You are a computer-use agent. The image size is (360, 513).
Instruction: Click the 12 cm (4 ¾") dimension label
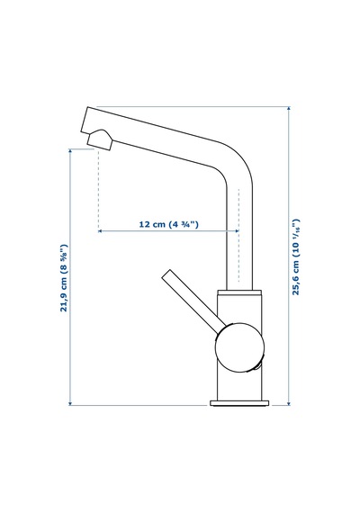point(169,224)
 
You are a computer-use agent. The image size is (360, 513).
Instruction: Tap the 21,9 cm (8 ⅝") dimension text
point(64,278)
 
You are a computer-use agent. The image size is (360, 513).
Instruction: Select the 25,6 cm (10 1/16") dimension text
point(296,257)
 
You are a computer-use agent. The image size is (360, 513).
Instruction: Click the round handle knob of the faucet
point(239,347)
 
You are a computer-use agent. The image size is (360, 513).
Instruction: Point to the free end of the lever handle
point(166,274)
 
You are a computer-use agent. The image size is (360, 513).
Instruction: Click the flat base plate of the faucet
point(240,403)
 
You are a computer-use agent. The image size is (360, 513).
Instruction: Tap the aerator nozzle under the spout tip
point(101,139)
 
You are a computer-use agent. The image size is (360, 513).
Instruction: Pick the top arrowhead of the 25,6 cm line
point(289,108)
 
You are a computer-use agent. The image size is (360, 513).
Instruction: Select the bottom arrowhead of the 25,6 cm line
point(289,403)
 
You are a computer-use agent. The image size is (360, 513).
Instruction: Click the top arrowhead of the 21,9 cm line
point(70,151)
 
